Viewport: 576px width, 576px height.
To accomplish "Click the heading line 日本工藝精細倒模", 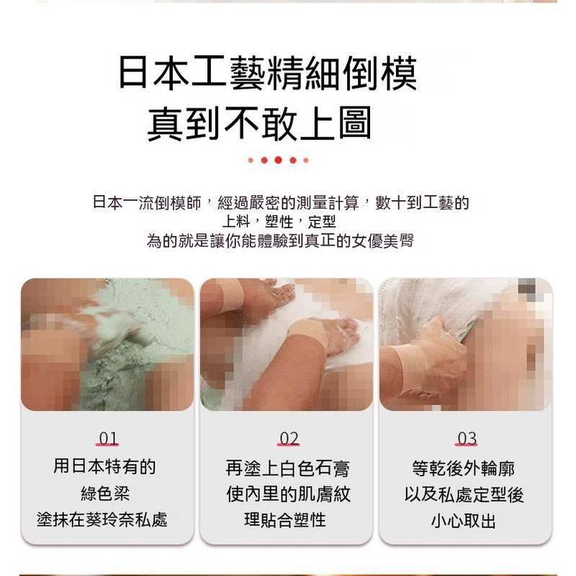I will pos(267,74).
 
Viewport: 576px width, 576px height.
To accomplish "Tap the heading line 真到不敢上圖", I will pos(259,122).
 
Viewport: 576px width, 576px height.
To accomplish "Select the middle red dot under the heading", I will pos(278,160).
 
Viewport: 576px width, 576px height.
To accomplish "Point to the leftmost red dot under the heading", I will pos(251,160).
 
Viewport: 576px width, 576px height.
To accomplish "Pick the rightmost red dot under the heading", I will pos(305,160).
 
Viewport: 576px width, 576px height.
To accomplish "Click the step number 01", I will pos(108,438).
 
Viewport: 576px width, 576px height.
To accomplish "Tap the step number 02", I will pos(289,438).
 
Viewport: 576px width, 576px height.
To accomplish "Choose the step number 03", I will pos(467,438).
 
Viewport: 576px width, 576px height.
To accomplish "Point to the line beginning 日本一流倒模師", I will pos(281,202).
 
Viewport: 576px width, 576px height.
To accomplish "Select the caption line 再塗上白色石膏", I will pos(287,469).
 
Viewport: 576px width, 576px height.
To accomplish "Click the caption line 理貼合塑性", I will pos(287,520).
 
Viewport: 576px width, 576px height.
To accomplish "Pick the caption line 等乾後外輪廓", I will pos(464,469).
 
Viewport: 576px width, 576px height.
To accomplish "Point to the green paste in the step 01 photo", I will pos(108,360).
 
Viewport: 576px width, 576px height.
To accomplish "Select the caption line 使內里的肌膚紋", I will pos(287,495).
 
